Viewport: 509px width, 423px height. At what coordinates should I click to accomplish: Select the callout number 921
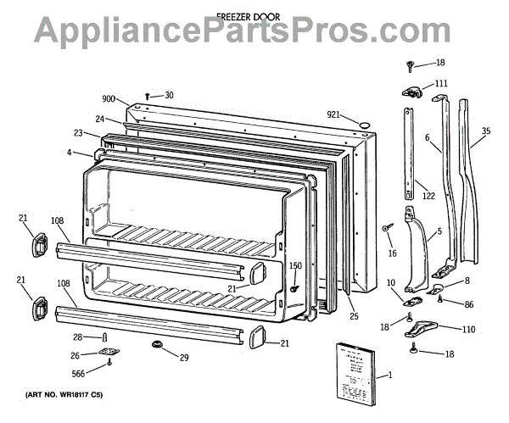(333, 115)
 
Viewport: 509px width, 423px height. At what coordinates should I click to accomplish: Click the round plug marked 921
(363, 125)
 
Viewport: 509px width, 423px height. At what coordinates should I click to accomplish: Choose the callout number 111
(441, 83)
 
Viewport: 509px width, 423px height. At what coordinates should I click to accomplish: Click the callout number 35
(485, 131)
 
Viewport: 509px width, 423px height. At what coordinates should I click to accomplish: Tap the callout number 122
(428, 196)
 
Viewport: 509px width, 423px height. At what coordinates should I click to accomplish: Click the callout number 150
(295, 265)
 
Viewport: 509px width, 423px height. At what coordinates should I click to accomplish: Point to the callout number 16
(391, 253)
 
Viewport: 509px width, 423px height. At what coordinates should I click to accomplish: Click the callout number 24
(100, 119)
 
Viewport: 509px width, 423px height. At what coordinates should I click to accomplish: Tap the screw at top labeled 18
(411, 64)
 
